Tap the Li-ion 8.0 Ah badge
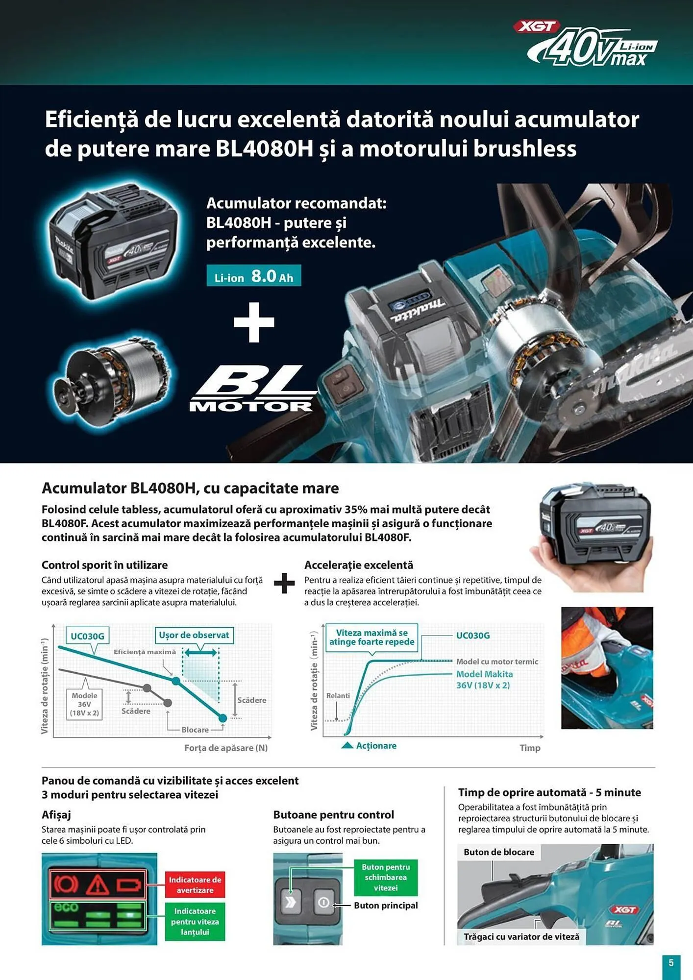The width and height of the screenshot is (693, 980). pos(253,276)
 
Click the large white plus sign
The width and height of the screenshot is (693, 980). pos(254,322)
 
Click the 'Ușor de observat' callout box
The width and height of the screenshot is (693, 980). pos(194,635)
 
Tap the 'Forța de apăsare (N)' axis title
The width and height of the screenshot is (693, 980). pos(226,748)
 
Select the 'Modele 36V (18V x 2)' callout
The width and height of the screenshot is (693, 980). pos(84,704)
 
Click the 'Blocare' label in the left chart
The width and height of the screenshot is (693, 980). pos(195,730)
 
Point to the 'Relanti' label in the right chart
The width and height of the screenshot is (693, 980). pos(338,696)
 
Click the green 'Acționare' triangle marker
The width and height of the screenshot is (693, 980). pos(347,745)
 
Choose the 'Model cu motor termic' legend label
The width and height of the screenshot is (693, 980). pos(497,661)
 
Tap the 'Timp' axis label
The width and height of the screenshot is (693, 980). pos(530,748)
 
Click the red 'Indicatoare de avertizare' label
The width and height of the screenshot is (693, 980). pos(195,885)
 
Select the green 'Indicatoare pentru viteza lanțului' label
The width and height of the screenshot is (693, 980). pos(195,921)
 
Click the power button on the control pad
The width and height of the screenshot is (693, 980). pos(323,902)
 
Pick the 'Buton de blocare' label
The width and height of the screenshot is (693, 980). pos(499,852)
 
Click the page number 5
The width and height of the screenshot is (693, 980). pos(671,963)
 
